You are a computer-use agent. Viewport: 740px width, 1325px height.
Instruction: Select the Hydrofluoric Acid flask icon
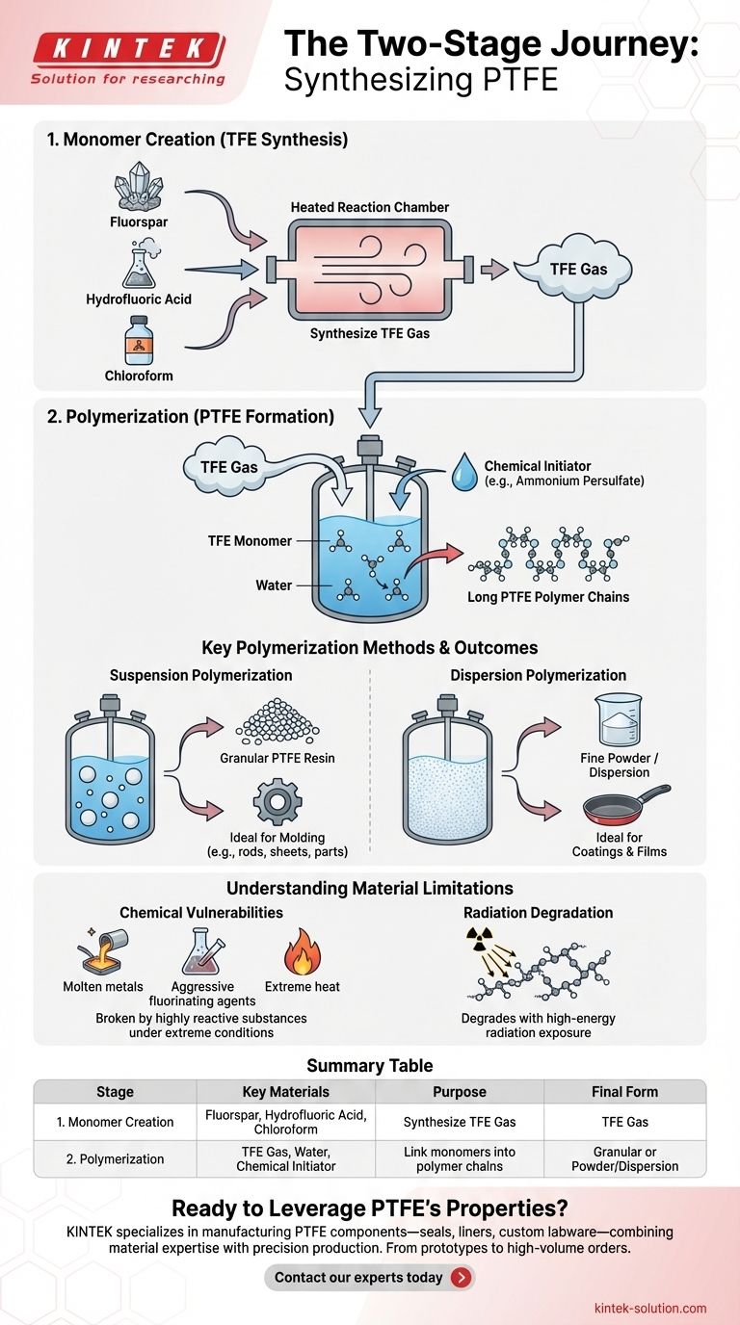139,266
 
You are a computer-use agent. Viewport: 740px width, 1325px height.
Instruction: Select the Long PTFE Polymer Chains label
548,597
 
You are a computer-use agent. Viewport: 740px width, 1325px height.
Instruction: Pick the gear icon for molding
277,798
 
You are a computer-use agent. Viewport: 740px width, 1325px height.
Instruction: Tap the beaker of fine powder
618,718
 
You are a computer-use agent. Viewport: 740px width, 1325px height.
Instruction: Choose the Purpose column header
461,1092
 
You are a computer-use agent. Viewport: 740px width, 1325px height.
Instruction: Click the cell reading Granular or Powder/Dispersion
624,1158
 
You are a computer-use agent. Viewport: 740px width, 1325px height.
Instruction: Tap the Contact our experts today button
369,1277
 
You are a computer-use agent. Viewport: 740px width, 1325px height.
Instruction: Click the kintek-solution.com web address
650,1308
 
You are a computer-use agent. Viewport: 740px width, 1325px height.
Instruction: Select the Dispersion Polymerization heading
538,675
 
